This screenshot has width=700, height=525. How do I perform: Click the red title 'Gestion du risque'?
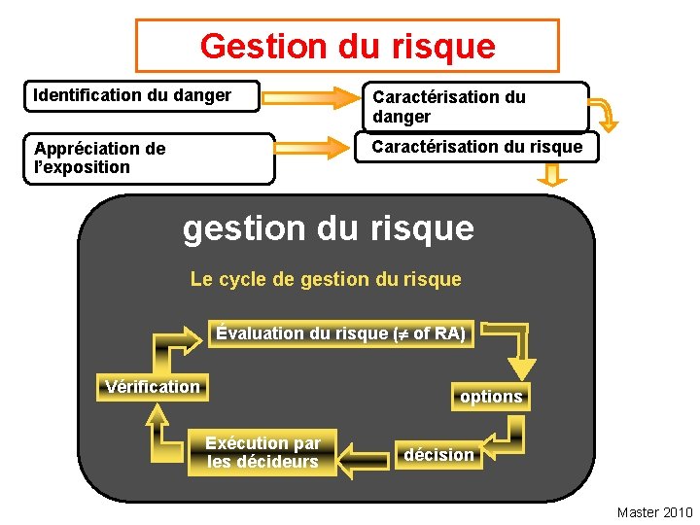point(347,46)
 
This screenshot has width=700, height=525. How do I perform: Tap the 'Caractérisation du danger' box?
point(475,107)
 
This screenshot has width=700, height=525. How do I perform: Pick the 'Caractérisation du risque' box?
point(477,147)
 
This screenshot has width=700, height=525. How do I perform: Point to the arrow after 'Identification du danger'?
point(311,96)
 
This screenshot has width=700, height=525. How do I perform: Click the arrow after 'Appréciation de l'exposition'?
point(312,148)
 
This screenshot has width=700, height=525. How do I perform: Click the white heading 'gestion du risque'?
point(329,227)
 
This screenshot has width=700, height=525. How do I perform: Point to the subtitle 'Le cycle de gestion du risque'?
point(326,280)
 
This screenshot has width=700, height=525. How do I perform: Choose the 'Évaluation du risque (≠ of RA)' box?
point(340,333)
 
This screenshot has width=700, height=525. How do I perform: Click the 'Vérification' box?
point(153,387)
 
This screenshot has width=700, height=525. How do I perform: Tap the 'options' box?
point(491,397)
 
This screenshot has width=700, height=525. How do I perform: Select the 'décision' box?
point(439,455)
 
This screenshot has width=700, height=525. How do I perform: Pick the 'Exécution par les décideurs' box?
point(262,453)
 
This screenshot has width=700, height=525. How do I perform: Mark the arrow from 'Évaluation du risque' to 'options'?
point(510,346)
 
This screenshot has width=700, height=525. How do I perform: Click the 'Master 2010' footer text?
point(654,512)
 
